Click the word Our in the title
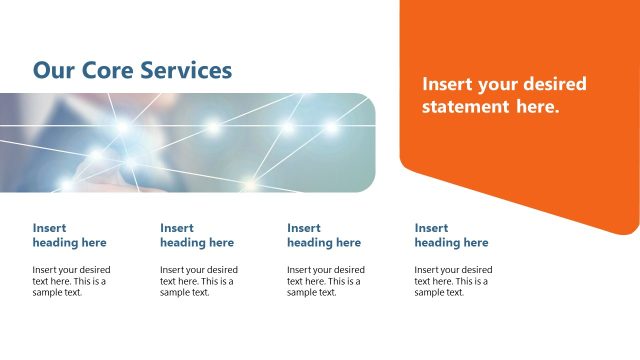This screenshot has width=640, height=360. coord(50,70)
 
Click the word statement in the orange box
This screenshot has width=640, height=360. coord(469,107)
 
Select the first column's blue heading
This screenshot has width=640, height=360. coord(69,235)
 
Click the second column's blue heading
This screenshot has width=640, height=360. coord(197,235)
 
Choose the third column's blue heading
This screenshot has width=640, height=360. coord(324,235)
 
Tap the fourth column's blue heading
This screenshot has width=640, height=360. coord(451,235)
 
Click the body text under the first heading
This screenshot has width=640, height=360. coord(71,281)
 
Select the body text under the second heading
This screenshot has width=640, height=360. coord(199,281)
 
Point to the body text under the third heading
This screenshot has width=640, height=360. coord(326,281)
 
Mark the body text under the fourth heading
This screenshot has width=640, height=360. coord(453,281)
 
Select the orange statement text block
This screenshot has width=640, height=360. coord(504,96)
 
